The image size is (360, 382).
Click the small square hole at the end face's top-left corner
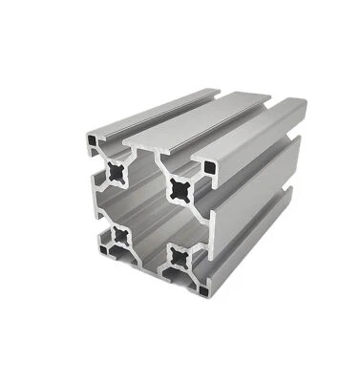coord(89,140)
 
